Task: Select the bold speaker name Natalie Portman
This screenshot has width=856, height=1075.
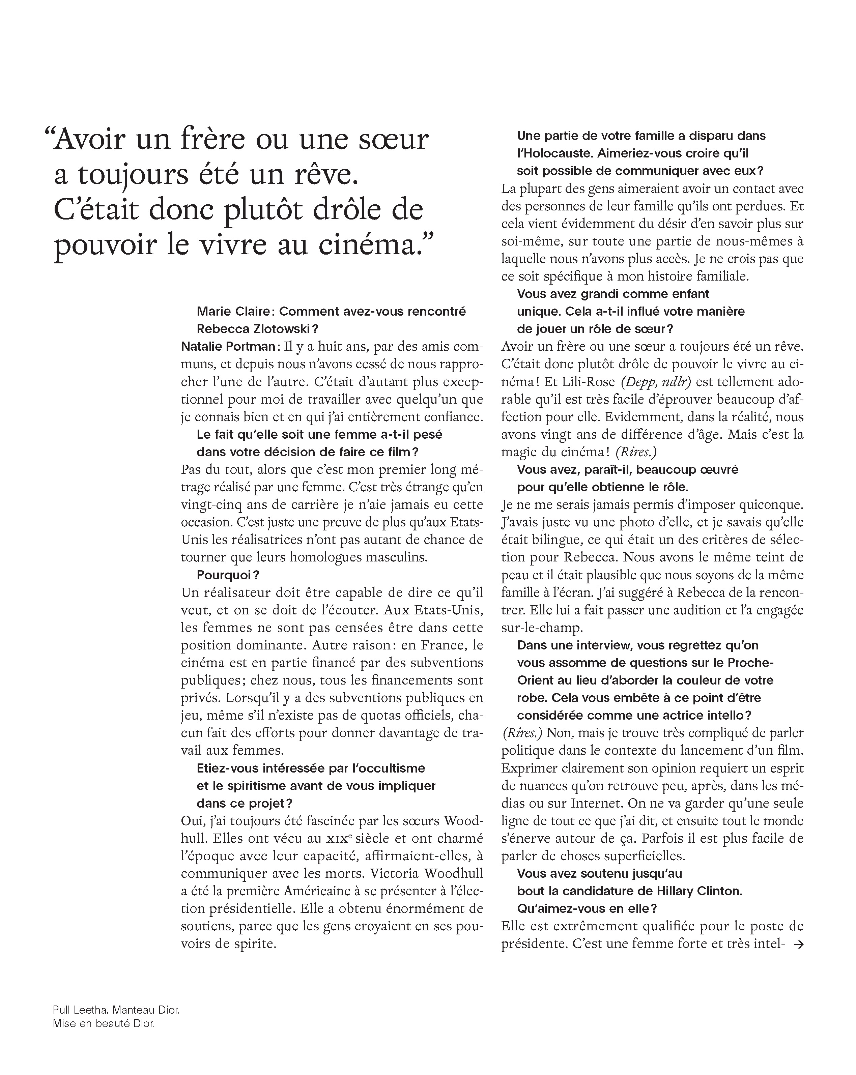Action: pyautogui.click(x=227, y=347)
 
